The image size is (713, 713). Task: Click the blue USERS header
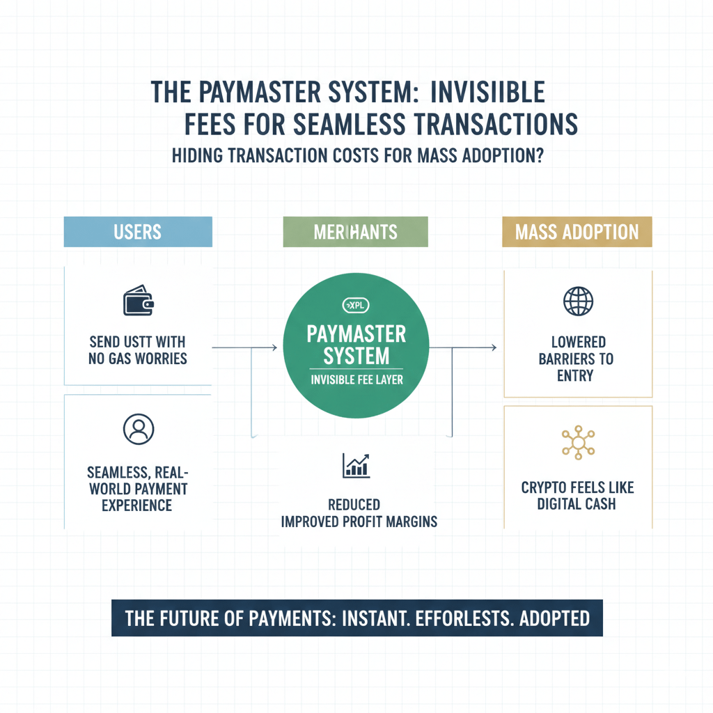[137, 232]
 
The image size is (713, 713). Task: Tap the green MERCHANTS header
[355, 232]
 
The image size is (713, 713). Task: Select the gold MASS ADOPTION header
[577, 232]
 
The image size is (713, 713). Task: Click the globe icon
[577, 301]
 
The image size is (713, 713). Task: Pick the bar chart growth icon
[356, 465]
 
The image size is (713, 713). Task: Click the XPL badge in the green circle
[356, 305]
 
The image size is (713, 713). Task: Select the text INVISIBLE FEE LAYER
[356, 380]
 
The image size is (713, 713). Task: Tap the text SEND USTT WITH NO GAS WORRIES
[137, 350]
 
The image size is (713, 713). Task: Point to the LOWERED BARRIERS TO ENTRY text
[577, 359]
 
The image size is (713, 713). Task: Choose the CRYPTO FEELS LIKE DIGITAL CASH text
[577, 494]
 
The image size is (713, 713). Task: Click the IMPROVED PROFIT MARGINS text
[359, 521]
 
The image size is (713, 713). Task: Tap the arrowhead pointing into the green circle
[275, 347]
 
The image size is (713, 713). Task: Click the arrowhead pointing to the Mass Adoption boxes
[493, 347]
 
